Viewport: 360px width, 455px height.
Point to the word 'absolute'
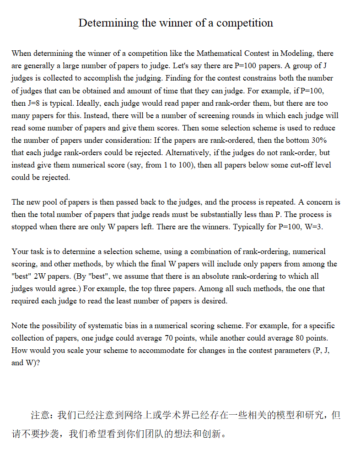[195, 276]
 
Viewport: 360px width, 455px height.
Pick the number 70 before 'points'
[169, 338]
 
